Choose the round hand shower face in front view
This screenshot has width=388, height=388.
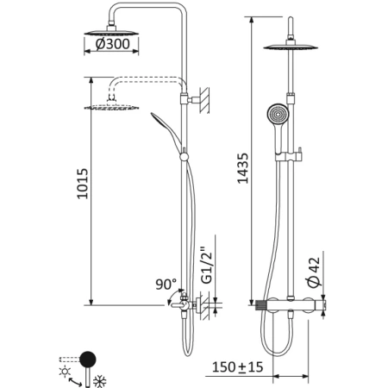(275, 115)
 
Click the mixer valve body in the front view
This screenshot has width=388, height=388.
(293, 304)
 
